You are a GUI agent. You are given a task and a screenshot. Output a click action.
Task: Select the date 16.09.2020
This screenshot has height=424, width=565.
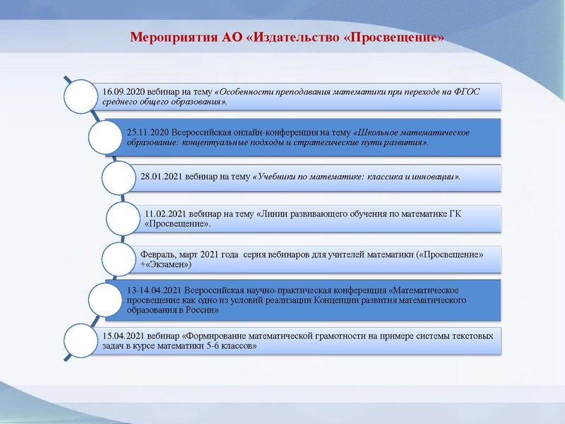click(124, 91)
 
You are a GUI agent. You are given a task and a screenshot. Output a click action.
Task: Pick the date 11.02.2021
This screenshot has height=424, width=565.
click(165, 213)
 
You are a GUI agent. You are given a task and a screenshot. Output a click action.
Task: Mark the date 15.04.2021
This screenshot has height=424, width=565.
click(124, 336)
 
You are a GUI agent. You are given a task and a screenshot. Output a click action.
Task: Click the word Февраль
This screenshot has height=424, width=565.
click(158, 253)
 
